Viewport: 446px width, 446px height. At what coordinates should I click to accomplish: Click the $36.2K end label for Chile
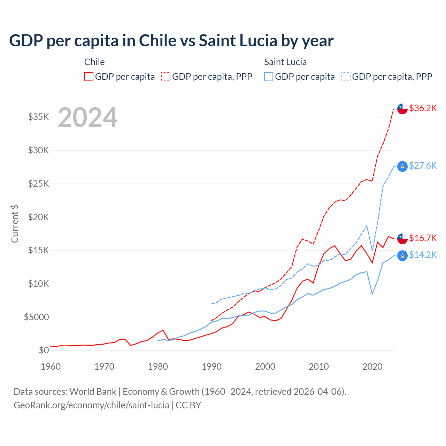point(423,108)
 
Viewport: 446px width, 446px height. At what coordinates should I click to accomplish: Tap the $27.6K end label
point(423,166)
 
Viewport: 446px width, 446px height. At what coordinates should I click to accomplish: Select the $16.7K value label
point(423,238)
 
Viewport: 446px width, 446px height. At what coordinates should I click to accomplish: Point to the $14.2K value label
point(423,255)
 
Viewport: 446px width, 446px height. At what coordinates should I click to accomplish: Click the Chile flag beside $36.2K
point(402,109)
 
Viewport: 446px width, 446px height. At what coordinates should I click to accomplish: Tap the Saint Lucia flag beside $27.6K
point(402,166)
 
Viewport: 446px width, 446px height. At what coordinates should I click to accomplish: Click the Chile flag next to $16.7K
point(402,238)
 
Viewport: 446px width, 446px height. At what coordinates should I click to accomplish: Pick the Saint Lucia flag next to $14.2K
point(402,255)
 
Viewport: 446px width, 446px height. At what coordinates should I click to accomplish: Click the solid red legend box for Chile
point(89,77)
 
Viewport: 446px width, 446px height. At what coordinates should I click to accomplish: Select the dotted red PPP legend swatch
point(166,77)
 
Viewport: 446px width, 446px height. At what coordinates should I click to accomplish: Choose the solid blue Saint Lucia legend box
point(269,77)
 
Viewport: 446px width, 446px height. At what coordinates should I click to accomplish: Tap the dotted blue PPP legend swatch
point(346,77)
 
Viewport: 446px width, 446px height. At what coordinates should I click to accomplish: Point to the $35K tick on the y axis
point(39,117)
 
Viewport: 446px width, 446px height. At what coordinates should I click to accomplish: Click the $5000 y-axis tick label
point(36,317)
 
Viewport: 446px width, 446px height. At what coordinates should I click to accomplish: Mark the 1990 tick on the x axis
point(212,367)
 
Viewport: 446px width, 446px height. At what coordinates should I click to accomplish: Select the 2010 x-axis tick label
point(319,367)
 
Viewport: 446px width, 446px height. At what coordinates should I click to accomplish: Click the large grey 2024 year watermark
point(87,117)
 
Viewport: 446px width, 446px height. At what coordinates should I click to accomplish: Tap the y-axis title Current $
point(15,224)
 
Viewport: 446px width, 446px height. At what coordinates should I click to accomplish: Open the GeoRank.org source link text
point(91,405)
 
